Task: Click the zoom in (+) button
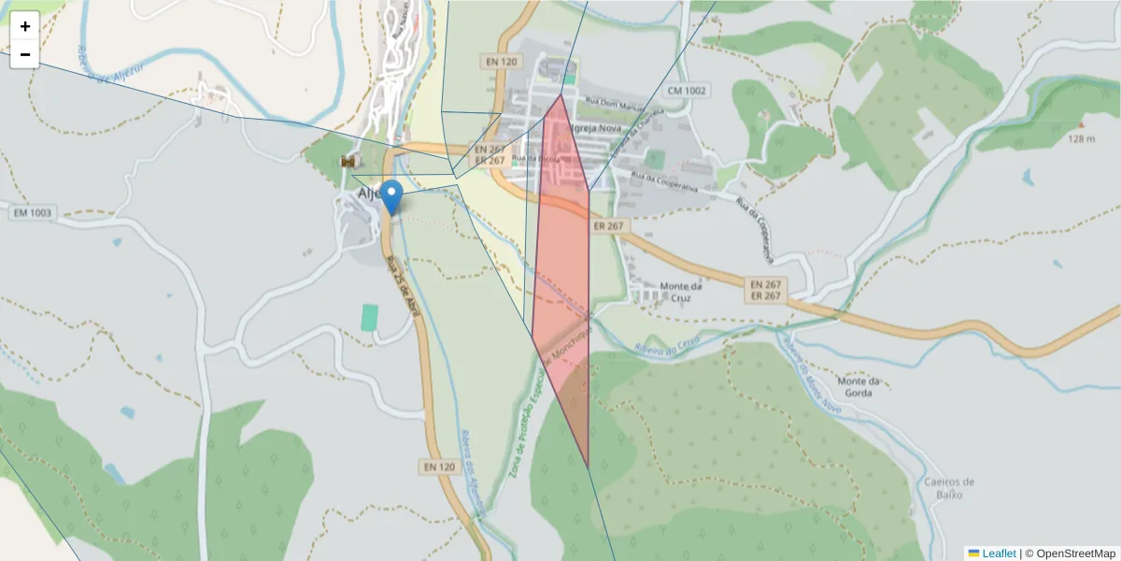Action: pyautogui.click(x=24, y=26)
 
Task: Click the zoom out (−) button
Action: pyautogui.click(x=24, y=54)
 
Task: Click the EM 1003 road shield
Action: pyautogui.click(x=34, y=213)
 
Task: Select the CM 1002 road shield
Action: pyautogui.click(x=687, y=91)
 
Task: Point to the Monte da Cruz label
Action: pyautogui.click(x=681, y=292)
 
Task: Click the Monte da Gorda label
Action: pyautogui.click(x=858, y=386)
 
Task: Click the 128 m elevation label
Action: pyautogui.click(x=1081, y=139)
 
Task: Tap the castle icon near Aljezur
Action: pyautogui.click(x=349, y=162)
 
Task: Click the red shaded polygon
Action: pyautogui.click(x=563, y=280)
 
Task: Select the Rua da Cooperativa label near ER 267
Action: pyautogui.click(x=664, y=180)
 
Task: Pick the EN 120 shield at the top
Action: pyautogui.click(x=502, y=62)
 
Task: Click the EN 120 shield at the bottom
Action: pyautogui.click(x=438, y=466)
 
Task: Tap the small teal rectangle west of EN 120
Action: pyautogui.click(x=370, y=317)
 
